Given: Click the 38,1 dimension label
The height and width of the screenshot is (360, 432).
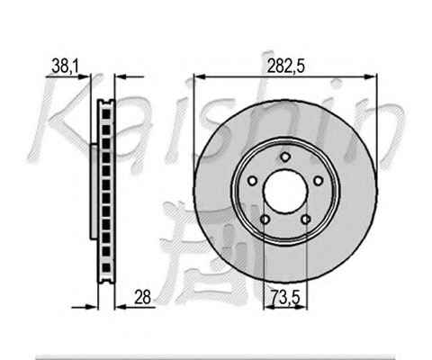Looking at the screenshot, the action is (65, 66).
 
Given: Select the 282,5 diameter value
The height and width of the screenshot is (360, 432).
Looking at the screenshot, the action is (285, 66).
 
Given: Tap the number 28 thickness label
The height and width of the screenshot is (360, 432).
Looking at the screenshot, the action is (142, 297).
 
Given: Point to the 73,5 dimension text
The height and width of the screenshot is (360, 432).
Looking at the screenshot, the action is (285, 297).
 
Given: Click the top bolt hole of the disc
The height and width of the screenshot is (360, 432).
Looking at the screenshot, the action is (285, 157).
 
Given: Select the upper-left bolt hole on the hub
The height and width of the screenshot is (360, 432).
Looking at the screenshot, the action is (253, 181).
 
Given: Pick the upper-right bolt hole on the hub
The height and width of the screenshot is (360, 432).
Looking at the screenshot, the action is (318, 181).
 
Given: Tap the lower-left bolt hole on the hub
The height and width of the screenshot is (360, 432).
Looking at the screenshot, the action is (265, 220).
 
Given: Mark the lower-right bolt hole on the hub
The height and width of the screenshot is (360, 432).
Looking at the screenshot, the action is (306, 220).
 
